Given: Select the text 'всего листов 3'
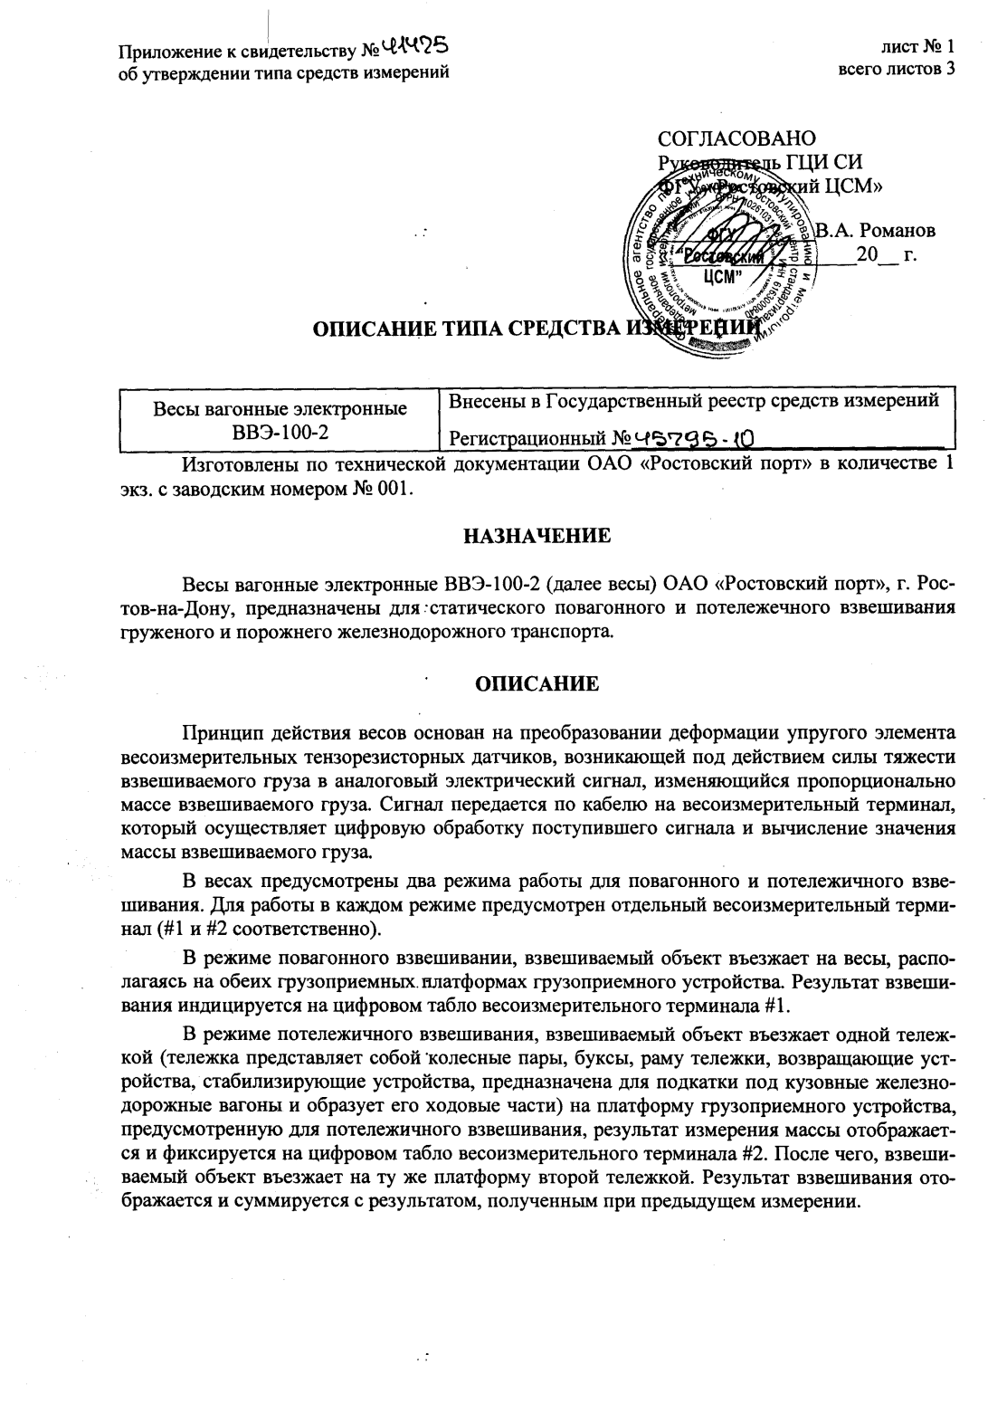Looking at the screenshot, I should (x=897, y=70).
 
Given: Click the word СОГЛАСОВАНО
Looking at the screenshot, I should (x=736, y=138).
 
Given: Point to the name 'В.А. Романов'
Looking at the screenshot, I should (x=876, y=231).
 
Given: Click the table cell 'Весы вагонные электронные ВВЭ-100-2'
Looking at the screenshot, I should (x=279, y=419).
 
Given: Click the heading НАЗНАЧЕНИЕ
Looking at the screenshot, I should (x=537, y=536).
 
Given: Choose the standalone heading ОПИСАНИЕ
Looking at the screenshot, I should (x=537, y=683).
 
